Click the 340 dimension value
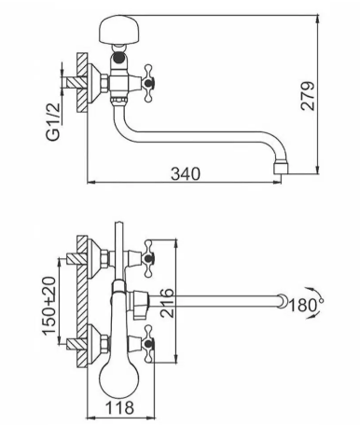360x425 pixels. [x=186, y=173]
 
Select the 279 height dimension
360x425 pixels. [x=308, y=96]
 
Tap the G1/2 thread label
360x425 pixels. [x=53, y=121]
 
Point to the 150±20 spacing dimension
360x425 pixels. [x=49, y=306]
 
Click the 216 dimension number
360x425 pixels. [x=167, y=303]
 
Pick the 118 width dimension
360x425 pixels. [x=119, y=407]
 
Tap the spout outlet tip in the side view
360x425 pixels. [x=281, y=168]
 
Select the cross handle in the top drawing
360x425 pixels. [x=148, y=83]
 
